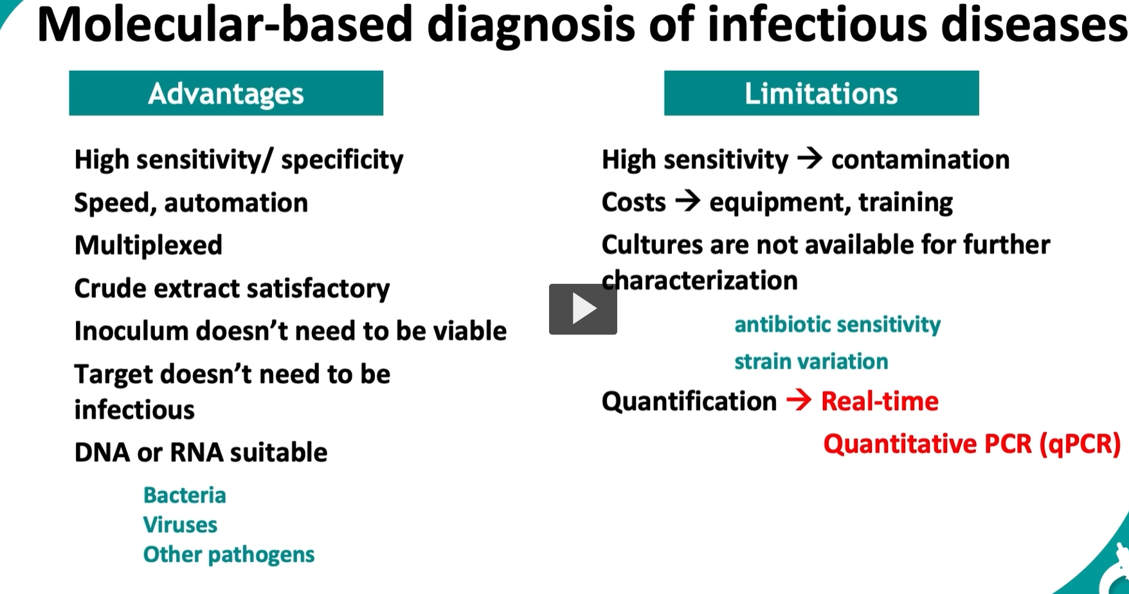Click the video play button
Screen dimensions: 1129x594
583,309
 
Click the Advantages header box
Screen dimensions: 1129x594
226,93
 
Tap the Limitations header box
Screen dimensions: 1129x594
821,93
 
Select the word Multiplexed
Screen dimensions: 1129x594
149,245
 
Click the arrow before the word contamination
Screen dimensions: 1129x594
809,158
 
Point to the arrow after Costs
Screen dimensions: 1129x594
687,201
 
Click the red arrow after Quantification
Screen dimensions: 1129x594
799,400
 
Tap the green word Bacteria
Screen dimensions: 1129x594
185,495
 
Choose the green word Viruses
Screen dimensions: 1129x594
180,524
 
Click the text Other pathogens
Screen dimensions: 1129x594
229,554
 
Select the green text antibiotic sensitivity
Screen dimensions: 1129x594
837,324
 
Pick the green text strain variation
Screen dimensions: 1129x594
811,361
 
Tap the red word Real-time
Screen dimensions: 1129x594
880,401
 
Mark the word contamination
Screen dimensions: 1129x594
920,160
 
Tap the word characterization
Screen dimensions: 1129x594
700,281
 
